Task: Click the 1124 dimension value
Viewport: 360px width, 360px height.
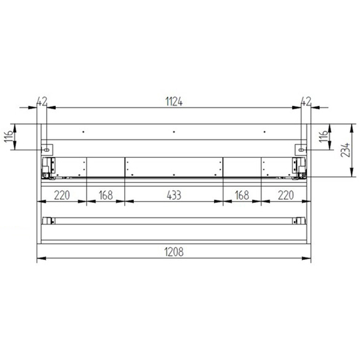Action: (174, 102)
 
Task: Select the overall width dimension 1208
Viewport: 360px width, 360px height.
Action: (174, 253)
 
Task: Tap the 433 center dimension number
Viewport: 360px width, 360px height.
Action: (174, 195)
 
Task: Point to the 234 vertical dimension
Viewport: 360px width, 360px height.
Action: (345, 151)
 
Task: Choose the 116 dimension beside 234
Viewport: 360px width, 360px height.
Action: (324, 137)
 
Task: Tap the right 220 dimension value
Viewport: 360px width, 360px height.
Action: (285, 195)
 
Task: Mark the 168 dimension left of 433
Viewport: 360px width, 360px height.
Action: (106, 195)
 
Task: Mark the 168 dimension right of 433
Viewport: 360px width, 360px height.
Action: (242, 195)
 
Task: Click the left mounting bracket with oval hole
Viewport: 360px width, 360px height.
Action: (46, 148)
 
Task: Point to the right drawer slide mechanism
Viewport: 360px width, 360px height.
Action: (299, 168)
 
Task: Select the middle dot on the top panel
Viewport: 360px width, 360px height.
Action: (173, 131)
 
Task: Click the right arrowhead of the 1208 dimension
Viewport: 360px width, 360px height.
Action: (308, 259)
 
